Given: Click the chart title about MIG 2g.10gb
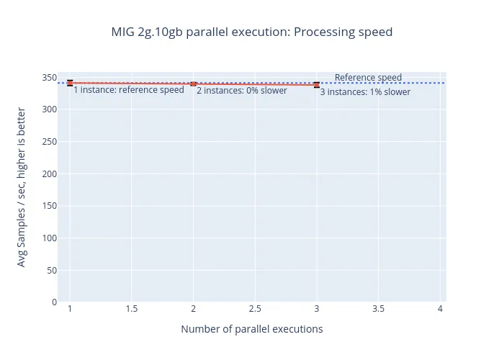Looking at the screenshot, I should click(251, 32).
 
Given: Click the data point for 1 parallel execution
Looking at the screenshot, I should click(70, 83).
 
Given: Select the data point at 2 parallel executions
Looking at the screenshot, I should click(193, 84).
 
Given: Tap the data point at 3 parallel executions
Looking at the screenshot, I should click(317, 85).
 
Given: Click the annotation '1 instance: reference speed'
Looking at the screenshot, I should click(129, 91).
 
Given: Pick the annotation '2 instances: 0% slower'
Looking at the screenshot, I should click(242, 91).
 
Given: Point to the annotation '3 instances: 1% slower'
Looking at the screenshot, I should click(365, 92).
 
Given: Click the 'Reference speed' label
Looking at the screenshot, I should click(368, 78).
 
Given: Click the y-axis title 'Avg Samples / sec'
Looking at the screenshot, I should click(22, 187).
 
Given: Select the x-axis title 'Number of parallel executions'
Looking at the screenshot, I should click(251, 329).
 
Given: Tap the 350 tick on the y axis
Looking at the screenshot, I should click(49, 77).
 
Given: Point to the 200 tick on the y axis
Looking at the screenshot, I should click(49, 174).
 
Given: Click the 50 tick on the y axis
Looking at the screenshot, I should click(51, 270).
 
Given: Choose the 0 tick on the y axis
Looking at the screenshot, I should click(54, 302).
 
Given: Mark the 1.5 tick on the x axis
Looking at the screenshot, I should click(132, 309).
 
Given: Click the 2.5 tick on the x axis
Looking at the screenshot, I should click(255, 309).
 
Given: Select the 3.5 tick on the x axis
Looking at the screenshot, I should click(378, 309).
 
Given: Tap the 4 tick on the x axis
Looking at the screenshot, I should click(440, 309).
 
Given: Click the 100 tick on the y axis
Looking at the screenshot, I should click(49, 238).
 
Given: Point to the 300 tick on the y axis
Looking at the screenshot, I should click(49, 109).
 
